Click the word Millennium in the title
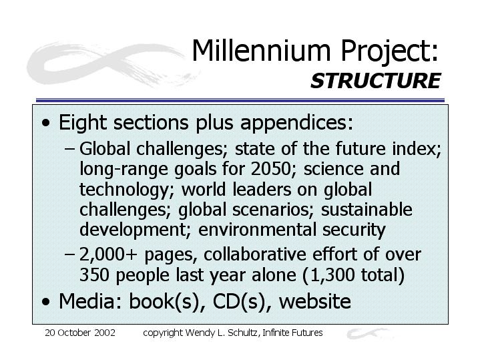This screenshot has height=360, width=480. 262,51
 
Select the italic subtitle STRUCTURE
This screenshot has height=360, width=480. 375,81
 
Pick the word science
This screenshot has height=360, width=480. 334,169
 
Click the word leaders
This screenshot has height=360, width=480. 262,189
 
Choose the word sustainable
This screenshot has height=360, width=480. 367,210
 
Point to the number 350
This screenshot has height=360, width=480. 94,275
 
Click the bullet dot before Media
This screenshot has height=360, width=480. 46,302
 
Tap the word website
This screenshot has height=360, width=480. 315,301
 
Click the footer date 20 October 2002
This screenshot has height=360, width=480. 80,333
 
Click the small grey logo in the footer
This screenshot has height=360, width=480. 369,333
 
